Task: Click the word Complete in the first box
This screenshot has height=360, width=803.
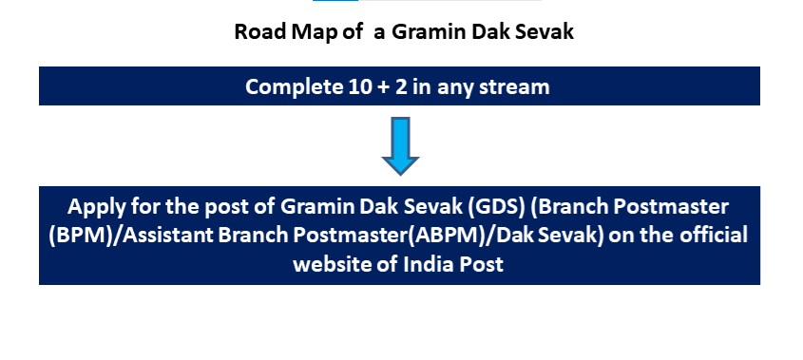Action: (x=295, y=87)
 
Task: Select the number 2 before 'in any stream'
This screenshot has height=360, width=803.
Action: (x=401, y=86)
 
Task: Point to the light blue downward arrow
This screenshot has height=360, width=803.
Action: (x=400, y=146)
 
